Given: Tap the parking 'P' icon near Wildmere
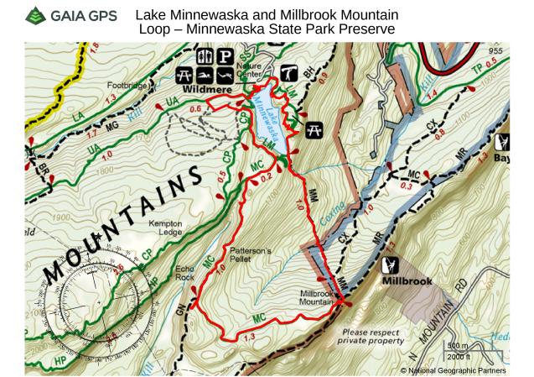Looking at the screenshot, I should pyautogui.click(x=225, y=56).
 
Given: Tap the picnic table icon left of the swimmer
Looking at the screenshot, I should pyautogui.click(x=186, y=74).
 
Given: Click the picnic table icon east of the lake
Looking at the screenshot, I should pyautogui.click(x=315, y=129).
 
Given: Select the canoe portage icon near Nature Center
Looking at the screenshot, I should pyautogui.click(x=292, y=72).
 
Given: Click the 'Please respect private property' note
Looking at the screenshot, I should pyautogui.click(x=370, y=337).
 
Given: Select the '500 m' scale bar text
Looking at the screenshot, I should pyautogui.click(x=458, y=346).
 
